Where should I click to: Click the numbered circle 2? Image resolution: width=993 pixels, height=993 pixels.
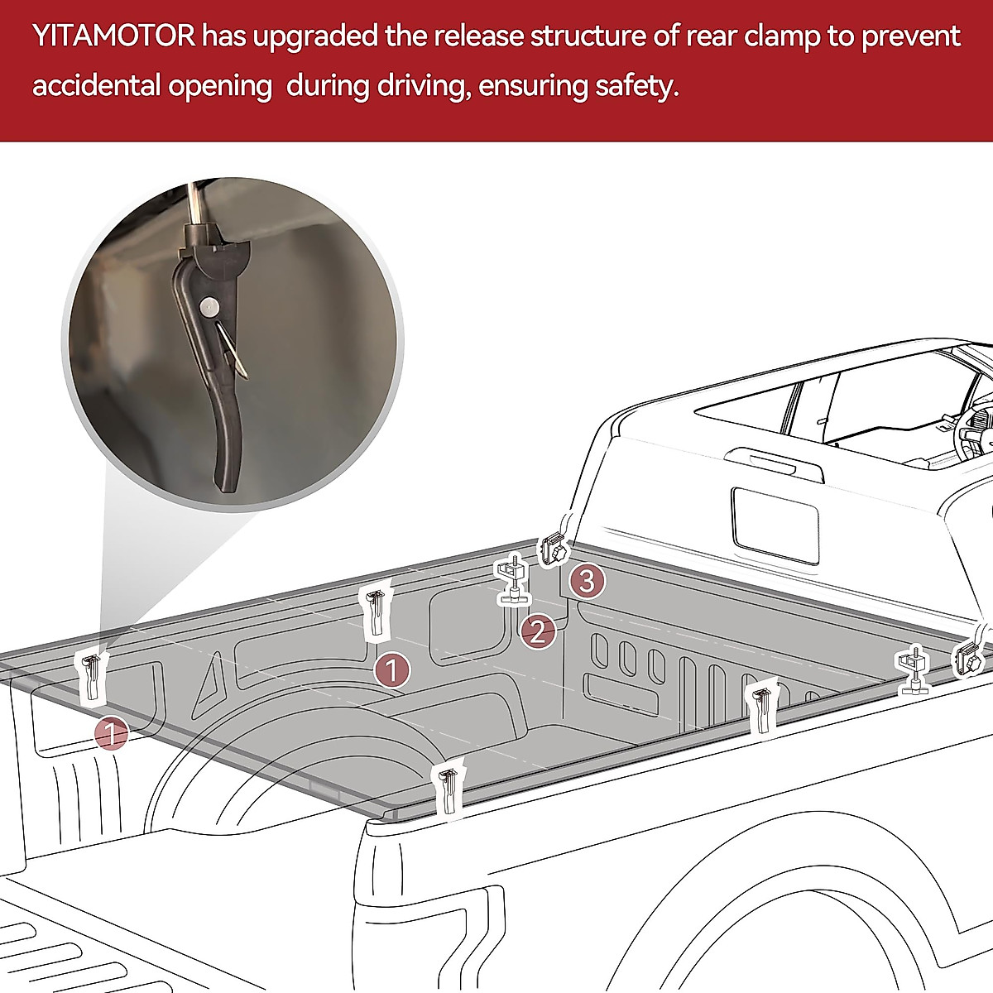click(537, 633)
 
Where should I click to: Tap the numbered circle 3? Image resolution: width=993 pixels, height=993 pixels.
click(586, 581)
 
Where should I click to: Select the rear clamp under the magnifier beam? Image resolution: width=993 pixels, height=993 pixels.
click(92, 674)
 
